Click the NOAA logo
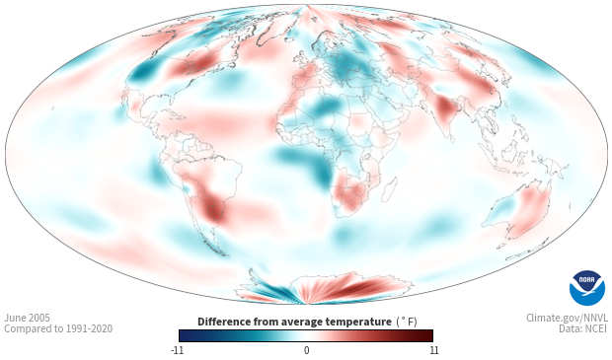click(587, 288)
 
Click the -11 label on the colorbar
click(177, 350)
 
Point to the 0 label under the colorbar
click(306, 350)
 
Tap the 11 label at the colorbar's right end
click(433, 350)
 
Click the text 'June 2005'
click(27, 318)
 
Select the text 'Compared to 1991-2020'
click(58, 328)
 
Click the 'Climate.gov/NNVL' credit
click(567, 318)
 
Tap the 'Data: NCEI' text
click(583, 328)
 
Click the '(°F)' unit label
click(407, 323)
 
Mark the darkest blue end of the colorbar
click(183, 335)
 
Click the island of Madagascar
click(390, 188)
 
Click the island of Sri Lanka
click(451, 138)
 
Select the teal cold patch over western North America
click(143, 71)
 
